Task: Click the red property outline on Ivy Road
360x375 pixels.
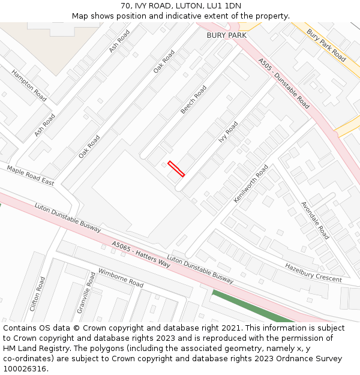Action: [x=176, y=169]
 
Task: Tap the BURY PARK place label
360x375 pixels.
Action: [x=226, y=35]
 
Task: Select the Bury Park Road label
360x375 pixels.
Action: [x=326, y=45]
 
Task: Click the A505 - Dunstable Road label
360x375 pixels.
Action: [x=284, y=83]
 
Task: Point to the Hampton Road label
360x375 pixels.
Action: [x=29, y=85]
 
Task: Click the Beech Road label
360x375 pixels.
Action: [x=194, y=100]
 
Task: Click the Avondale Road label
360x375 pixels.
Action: [x=315, y=220]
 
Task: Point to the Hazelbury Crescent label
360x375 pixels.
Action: [x=313, y=272]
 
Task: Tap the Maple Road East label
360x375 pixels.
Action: [x=30, y=175]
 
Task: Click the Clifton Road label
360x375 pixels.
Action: [x=37, y=294]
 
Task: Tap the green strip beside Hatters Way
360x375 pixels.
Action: [x=252, y=306]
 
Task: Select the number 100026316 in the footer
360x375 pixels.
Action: [x=23, y=368]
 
